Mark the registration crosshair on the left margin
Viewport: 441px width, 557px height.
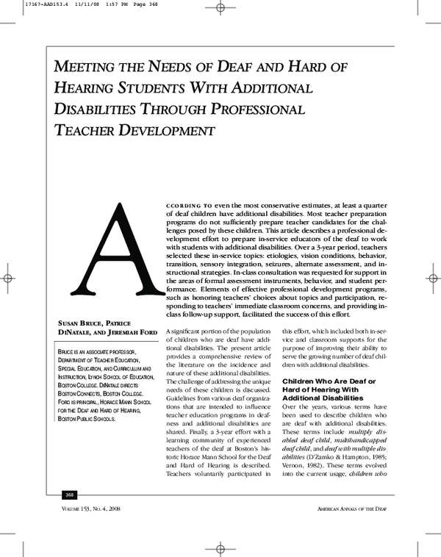click(x=9, y=279)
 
